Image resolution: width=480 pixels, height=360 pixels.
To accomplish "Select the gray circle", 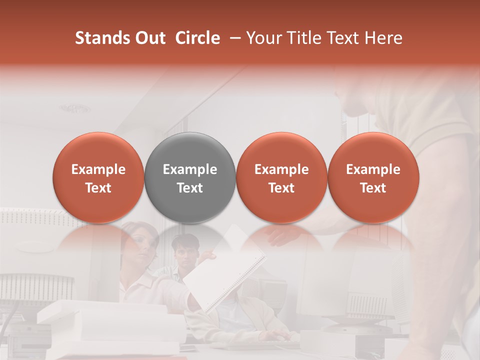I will pos(190,178).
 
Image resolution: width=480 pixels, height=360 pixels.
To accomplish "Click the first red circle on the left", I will pos(98,178).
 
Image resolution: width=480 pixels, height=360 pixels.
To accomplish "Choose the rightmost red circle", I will pos(373,178).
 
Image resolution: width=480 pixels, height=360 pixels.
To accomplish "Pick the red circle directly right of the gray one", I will pos(281,178).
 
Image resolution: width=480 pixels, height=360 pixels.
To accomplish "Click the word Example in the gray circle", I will pos(190,169).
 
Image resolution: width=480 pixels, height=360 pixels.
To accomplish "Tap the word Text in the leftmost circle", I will pos(98,188).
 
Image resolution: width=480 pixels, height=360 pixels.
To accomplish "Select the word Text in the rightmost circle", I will pos(373,188).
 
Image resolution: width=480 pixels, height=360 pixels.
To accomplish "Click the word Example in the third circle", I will pos(281,169).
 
